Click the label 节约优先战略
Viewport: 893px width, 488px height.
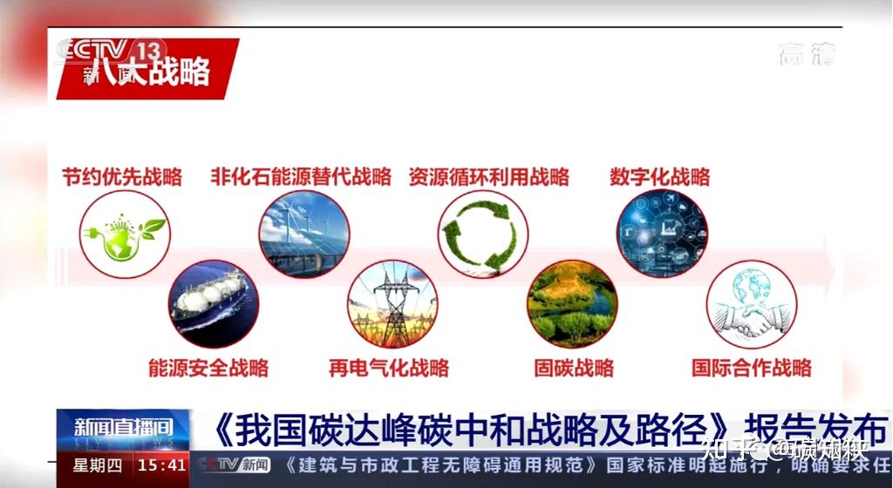(x=121, y=177)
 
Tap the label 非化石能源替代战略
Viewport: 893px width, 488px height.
(x=300, y=177)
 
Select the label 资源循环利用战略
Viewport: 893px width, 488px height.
(x=488, y=177)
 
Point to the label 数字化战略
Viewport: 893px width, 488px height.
(x=659, y=177)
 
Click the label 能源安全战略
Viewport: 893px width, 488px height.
(x=208, y=367)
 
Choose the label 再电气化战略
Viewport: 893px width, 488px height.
(x=388, y=367)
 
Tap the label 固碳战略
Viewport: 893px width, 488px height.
(x=573, y=367)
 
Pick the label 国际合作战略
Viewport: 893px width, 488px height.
(x=751, y=367)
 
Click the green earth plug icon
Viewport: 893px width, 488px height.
(x=125, y=234)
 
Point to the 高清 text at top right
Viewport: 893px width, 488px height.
(x=807, y=54)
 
